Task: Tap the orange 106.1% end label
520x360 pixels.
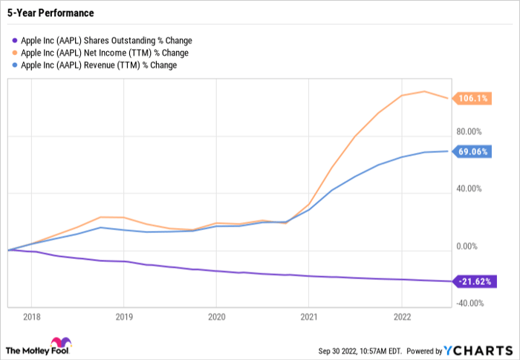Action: [473, 99]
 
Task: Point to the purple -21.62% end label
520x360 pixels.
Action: [473, 281]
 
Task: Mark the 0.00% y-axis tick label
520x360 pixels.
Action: [469, 246]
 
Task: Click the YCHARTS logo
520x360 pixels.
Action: [481, 349]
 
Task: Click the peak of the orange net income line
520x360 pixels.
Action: [424, 91]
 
